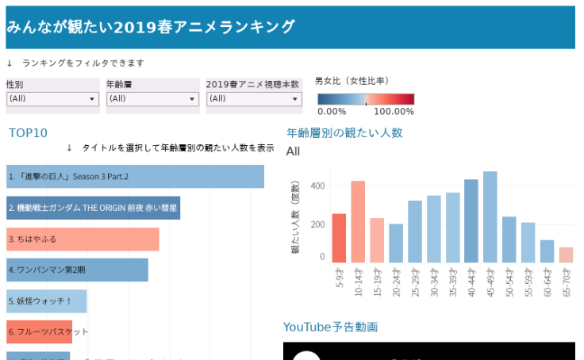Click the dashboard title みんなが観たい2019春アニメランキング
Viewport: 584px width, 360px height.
coord(151,27)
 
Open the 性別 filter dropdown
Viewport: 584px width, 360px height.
coord(52,99)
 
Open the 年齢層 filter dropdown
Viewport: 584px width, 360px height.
coord(152,99)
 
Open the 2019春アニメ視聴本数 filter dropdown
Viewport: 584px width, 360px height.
coord(254,99)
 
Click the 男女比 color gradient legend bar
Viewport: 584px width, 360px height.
coord(366,99)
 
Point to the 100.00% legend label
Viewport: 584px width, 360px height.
coord(394,112)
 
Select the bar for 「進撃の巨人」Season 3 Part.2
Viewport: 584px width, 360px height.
coord(135,177)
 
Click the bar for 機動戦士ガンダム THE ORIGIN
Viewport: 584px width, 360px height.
coord(93,208)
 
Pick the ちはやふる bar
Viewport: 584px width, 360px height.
coord(83,239)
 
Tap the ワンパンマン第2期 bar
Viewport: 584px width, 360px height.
coord(77,270)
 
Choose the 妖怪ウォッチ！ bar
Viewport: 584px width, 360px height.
coord(46,301)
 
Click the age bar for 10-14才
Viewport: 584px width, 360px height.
coord(358,222)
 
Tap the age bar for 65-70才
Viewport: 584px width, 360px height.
coord(566,255)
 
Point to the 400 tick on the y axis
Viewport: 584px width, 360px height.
coord(317,186)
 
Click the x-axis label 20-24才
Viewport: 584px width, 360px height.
coord(395,281)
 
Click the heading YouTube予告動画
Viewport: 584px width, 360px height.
coord(330,327)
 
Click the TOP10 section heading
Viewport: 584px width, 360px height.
coord(29,133)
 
